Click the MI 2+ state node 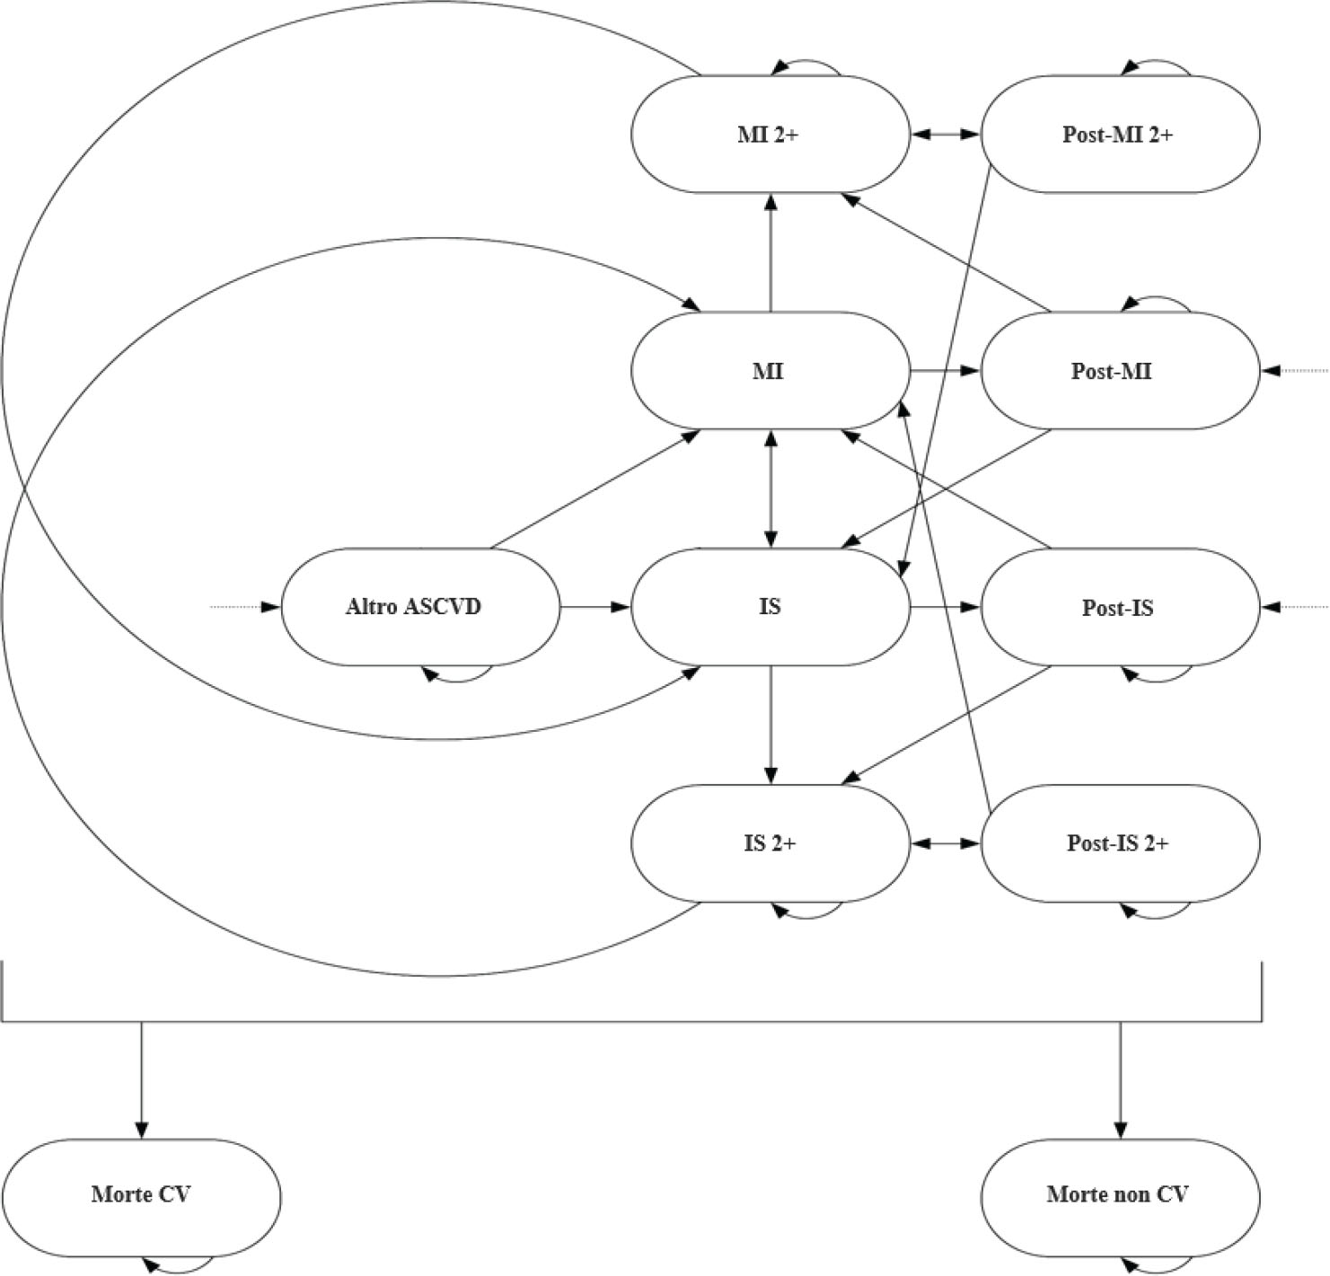770,135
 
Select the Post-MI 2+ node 1119,135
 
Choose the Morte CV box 141,1195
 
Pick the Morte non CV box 1119,1195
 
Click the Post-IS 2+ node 1119,844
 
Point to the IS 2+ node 770,844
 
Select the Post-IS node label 1118,608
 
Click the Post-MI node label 1112,371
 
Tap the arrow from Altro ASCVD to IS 595,607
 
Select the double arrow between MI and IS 770,488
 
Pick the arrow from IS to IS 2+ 770,726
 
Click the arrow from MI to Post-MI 945,370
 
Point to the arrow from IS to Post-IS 945,607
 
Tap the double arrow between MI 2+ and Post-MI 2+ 945,135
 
